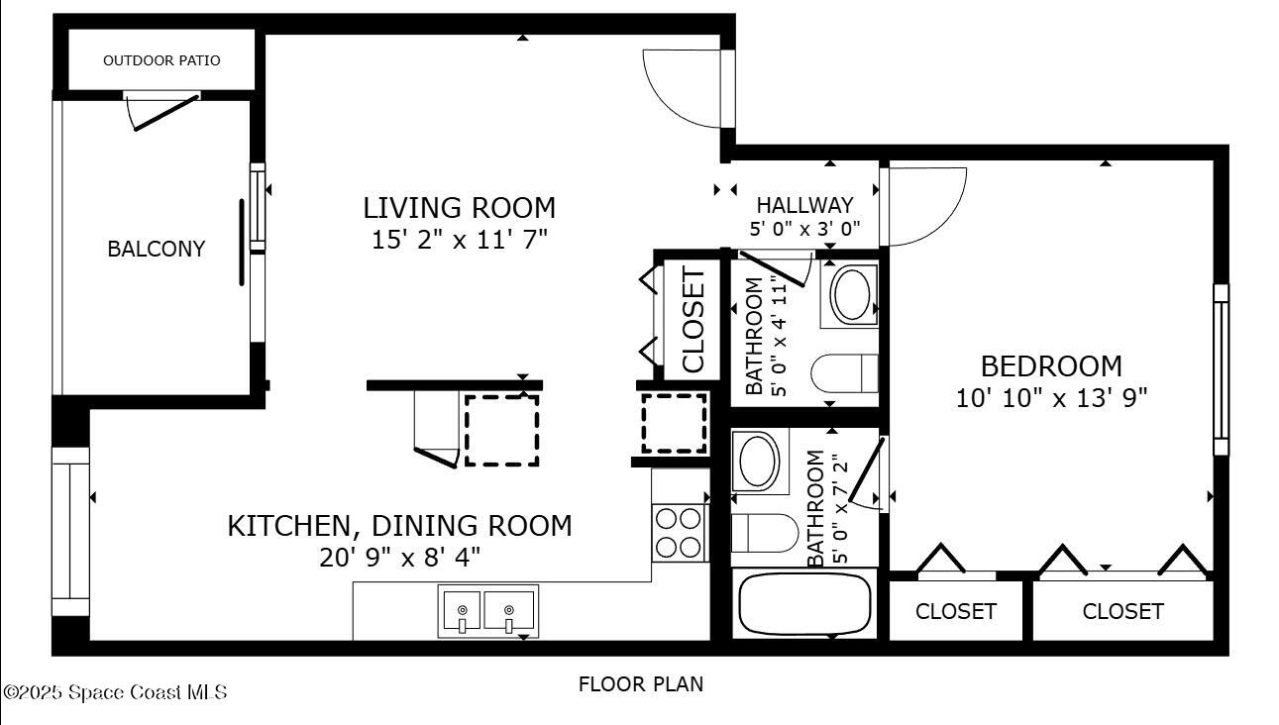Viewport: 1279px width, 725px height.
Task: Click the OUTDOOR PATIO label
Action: click(161, 60)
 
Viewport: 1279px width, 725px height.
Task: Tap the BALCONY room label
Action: click(157, 249)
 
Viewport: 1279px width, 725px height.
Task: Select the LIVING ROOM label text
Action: click(459, 208)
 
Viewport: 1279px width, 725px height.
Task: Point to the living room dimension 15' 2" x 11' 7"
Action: click(459, 239)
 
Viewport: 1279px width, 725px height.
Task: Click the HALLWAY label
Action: click(804, 205)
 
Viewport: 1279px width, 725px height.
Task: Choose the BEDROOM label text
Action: click(1051, 366)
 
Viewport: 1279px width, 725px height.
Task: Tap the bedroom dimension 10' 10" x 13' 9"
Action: click(1051, 398)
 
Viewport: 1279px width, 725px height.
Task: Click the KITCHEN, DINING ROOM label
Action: click(399, 525)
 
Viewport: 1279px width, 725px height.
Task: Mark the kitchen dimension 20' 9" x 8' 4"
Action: click(399, 557)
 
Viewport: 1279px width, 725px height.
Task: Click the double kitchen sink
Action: click(487, 610)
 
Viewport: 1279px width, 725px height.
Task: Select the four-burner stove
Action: click(679, 532)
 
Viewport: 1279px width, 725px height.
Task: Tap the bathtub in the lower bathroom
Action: click(804, 603)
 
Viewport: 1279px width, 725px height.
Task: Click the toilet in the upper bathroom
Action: click(845, 373)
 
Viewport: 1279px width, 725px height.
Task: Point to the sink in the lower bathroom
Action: click(761, 462)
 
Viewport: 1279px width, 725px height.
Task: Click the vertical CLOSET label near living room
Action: click(693, 320)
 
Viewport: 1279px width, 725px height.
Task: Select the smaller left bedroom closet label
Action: click(955, 611)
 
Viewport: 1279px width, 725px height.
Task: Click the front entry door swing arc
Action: click(684, 89)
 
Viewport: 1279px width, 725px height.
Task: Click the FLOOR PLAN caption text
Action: click(640, 683)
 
